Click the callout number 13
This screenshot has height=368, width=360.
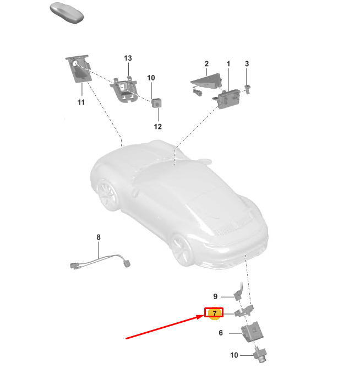click(x=128, y=58)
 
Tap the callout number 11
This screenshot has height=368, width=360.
click(x=81, y=102)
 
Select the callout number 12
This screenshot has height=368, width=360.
click(x=157, y=127)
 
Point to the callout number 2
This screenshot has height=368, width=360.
click(x=206, y=63)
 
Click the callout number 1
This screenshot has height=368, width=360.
click(x=228, y=63)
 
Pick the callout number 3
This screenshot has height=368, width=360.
click(x=247, y=63)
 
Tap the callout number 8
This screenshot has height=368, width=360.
click(x=99, y=237)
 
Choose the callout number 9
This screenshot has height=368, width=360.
click(x=215, y=296)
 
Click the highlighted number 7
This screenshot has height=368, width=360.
click(x=214, y=313)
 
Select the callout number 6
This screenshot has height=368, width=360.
click(x=221, y=333)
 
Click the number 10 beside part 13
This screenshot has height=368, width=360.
click(x=151, y=78)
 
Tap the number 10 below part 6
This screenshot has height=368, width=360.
click(x=234, y=355)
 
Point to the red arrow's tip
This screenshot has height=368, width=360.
click(x=204, y=316)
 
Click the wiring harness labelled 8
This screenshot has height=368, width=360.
click(x=100, y=261)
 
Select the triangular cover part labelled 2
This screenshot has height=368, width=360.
click(x=206, y=80)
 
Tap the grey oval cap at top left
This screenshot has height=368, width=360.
click(x=67, y=13)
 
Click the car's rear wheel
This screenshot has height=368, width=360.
click(x=182, y=251)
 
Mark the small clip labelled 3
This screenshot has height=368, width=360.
click(x=247, y=89)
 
